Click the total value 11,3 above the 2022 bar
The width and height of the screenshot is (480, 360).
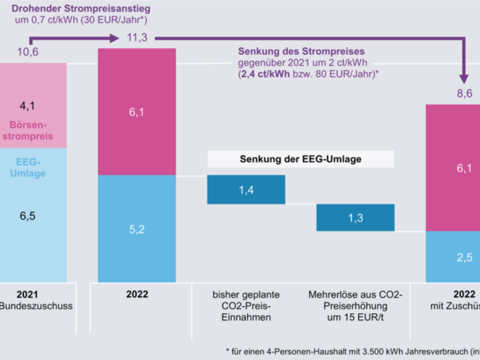coord(137,38)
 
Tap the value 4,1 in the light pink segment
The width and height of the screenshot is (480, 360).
coord(27,106)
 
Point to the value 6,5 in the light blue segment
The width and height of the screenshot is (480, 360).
coord(27,215)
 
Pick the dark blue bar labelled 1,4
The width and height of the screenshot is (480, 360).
coord(246,189)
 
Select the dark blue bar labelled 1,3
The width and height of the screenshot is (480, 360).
coord(355,218)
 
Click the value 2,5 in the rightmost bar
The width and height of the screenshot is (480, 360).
coord(464,257)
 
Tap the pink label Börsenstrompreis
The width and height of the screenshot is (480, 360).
coord(31,131)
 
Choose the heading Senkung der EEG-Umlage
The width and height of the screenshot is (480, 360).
coord(301,159)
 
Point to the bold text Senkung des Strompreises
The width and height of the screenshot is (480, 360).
coord(301,51)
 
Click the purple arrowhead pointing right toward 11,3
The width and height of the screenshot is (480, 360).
coord(114,38)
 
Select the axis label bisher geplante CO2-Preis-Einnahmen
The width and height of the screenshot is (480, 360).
coord(246,306)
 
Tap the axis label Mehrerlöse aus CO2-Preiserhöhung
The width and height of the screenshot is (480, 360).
coord(355,306)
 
